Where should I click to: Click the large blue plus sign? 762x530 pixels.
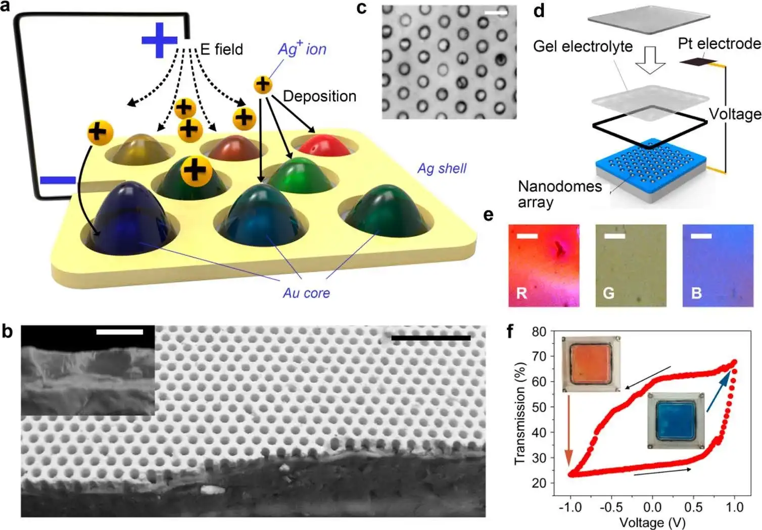[159, 39]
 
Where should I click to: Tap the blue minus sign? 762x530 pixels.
[58, 180]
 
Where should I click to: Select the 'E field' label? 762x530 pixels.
[221, 49]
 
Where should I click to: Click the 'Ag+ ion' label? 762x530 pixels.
[302, 49]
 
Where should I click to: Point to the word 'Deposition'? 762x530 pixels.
[319, 96]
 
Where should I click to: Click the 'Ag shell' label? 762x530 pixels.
[442, 169]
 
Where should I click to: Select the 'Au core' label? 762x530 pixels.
[306, 293]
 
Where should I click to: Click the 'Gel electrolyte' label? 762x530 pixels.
[583, 47]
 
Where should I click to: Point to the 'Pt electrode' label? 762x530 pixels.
[719, 44]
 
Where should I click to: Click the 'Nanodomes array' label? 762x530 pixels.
[559, 194]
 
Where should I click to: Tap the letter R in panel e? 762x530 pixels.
[521, 293]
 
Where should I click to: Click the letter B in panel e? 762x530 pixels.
[696, 293]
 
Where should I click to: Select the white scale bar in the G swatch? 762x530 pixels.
[614, 236]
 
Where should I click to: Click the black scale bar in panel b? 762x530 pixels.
[431, 338]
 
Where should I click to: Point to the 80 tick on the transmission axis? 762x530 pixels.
[539, 332]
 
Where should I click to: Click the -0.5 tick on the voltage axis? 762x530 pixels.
[611, 506]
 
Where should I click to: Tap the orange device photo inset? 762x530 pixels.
[591, 363]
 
